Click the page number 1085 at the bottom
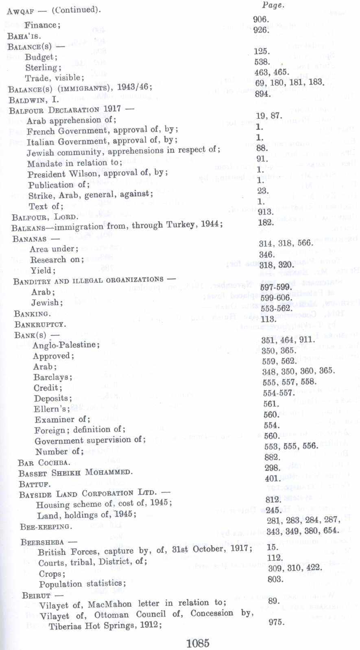198,643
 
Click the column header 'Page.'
273,5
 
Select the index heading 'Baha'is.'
24,36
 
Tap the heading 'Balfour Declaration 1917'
65,109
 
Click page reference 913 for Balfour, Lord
266,212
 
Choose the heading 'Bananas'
30,238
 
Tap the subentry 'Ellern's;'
52,409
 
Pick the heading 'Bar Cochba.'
44,463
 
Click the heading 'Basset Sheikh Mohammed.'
75,473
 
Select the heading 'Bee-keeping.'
46,527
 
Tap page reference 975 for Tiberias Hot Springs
276,622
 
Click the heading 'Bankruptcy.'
40,325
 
